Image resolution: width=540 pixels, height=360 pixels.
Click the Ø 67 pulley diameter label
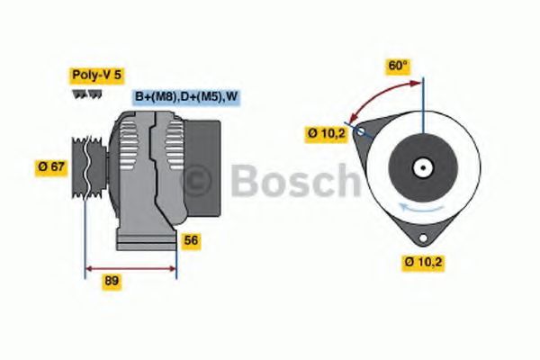[x=51, y=166]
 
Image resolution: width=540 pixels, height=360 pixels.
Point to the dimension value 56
[x=190, y=240]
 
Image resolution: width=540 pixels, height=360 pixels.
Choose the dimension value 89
[x=112, y=281]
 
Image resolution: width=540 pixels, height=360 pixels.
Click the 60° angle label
[x=397, y=66]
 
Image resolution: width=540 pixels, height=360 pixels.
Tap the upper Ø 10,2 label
[x=326, y=134]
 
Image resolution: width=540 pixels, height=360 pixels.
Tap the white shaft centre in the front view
[x=421, y=166]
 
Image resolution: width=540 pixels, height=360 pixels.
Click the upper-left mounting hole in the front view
[x=361, y=131]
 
